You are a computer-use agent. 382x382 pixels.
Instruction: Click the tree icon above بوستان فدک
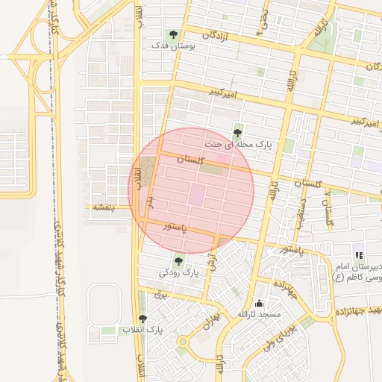click(174, 34)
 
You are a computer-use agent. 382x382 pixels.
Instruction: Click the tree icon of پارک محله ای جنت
click(238, 132)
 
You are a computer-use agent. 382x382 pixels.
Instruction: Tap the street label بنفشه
click(103, 207)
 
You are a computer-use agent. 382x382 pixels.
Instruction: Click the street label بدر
click(149, 202)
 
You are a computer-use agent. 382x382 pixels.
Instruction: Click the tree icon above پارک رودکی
click(178, 260)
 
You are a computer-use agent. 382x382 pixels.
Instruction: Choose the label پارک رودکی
click(179, 273)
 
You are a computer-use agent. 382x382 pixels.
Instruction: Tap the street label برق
click(158, 295)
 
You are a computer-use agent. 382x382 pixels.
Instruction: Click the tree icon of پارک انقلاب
click(143, 319)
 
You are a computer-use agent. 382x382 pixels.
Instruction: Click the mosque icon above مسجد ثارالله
click(259, 303)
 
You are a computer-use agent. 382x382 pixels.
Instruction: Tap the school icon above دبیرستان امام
click(359, 255)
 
